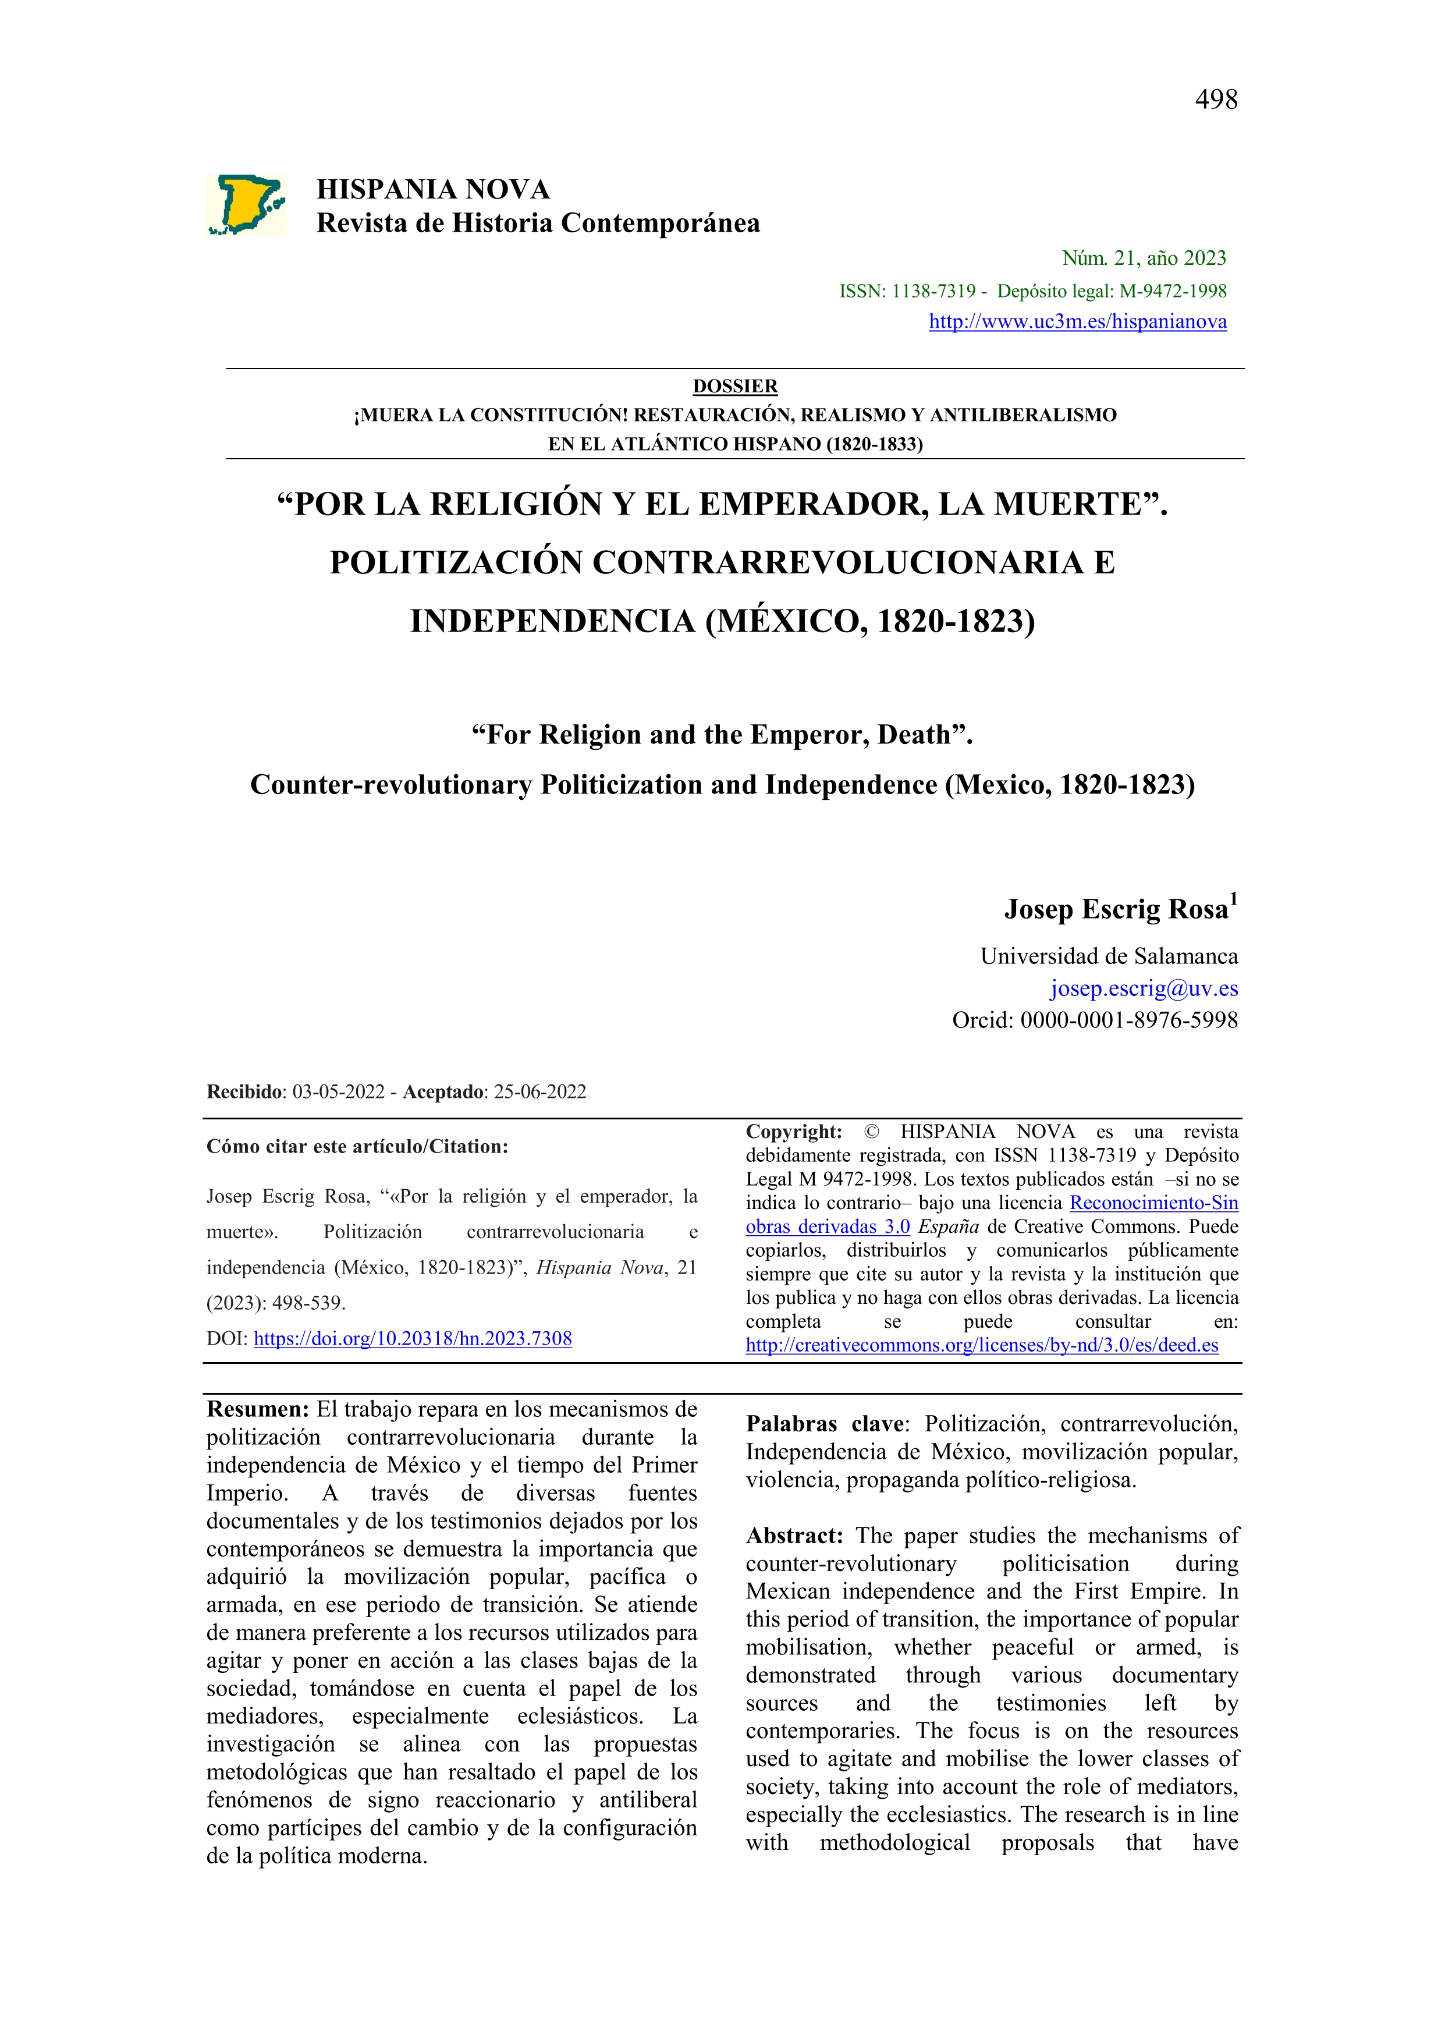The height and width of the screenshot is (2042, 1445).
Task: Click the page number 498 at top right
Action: click(x=1216, y=100)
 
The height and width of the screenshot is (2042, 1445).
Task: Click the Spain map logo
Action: click(x=247, y=205)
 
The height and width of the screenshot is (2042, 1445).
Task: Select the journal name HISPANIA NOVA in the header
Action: click(x=434, y=190)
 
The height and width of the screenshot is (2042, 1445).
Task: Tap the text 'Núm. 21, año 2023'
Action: click(x=1144, y=258)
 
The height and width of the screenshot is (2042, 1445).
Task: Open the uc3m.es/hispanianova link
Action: click(x=1078, y=322)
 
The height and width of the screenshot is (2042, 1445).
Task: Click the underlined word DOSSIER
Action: click(x=735, y=386)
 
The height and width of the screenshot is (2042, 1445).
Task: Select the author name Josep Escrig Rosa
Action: click(x=1116, y=909)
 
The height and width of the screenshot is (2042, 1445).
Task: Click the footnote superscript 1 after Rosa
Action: click(x=1233, y=899)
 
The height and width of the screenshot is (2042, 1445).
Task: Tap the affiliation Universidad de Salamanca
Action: click(x=1109, y=956)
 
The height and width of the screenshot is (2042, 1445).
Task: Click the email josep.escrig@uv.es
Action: click(x=1144, y=988)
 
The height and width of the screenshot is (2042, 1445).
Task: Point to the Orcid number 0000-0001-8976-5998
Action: click(x=1128, y=1020)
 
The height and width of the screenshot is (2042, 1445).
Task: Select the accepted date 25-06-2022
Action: click(x=540, y=1092)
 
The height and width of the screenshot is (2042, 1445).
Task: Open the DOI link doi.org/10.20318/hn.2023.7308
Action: click(x=413, y=1338)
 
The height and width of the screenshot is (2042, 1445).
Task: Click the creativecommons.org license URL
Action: click(x=981, y=1345)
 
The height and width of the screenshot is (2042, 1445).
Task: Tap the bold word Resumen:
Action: click(x=258, y=1409)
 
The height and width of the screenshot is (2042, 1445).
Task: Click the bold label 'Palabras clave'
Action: click(x=823, y=1424)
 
